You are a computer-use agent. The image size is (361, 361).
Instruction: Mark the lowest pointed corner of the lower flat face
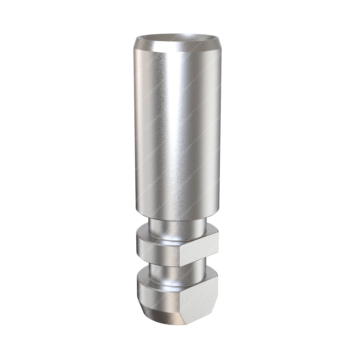(186, 324)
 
